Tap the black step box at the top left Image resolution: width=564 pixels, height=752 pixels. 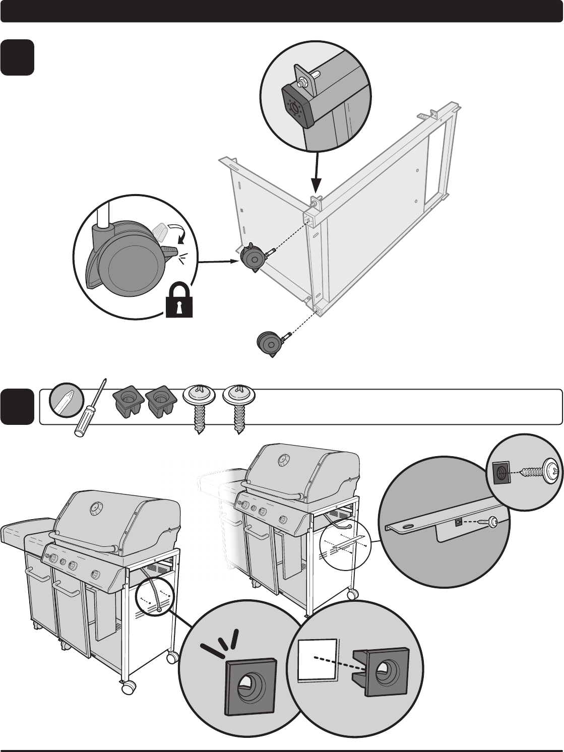tap(17, 57)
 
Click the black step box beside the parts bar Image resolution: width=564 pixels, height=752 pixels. tap(17, 407)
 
